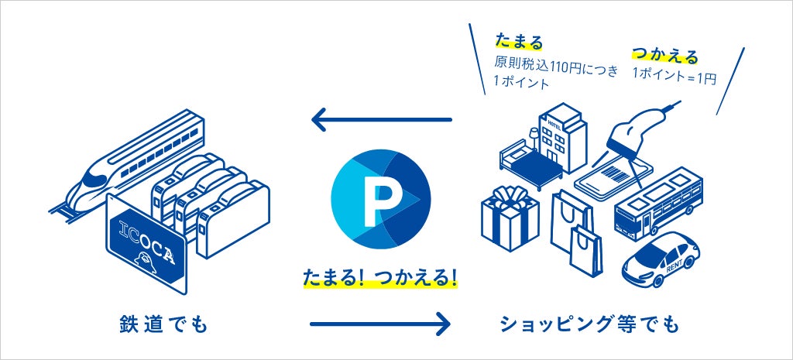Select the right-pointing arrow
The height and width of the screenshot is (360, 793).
click(379, 322)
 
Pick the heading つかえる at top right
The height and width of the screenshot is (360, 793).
click(665, 55)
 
